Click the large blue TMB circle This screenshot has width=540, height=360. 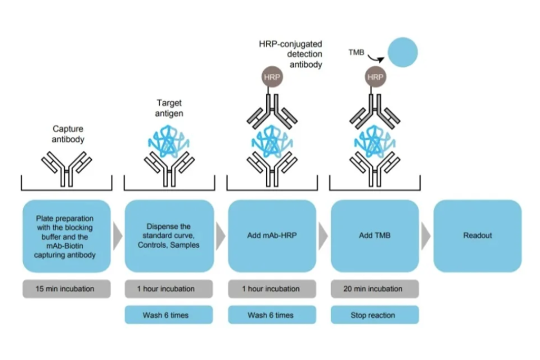402,52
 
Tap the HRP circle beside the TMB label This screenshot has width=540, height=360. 375,77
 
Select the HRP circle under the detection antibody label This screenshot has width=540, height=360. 272,77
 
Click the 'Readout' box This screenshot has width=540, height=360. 477,236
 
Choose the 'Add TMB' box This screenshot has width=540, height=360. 374,236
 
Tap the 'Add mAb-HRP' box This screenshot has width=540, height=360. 272,236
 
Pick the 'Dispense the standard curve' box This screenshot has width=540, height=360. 169,236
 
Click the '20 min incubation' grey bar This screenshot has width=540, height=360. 374,289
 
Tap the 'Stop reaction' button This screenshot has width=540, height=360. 374,315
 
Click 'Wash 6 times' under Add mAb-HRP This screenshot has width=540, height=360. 272,315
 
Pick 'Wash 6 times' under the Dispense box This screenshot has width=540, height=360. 169,315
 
